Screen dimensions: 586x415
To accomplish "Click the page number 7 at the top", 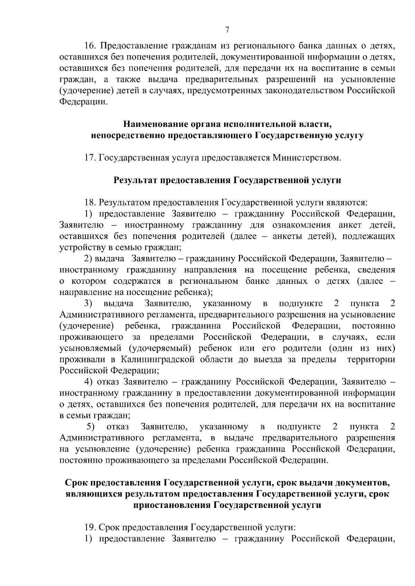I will [227, 30].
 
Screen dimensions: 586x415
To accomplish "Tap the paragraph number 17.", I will [91, 158].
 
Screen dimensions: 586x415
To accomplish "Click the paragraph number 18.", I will [91, 202].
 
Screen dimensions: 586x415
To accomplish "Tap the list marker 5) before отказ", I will [91, 427].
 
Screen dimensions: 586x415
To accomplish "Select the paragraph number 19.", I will [91, 528].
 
